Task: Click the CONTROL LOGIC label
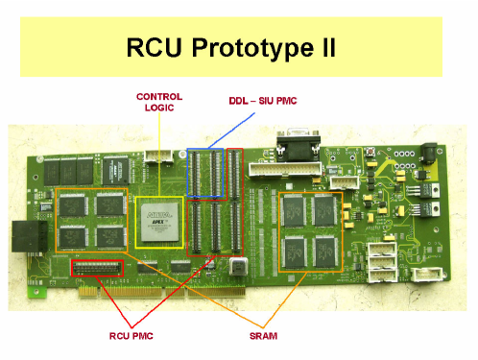click(158, 104)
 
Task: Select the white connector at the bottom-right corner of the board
click(424, 273)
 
